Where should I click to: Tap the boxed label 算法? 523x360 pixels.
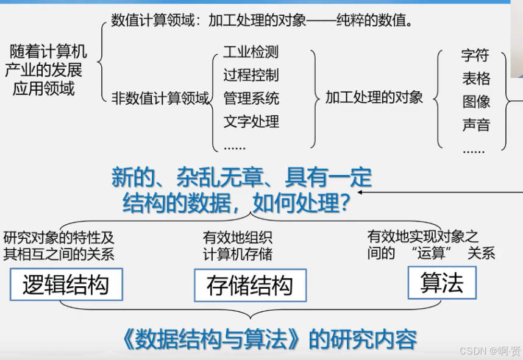click(442, 283)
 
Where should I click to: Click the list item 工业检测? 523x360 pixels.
click(251, 52)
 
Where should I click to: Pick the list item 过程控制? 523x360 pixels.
click(251, 75)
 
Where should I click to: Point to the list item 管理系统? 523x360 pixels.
click(251, 98)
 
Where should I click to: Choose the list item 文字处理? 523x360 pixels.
click(251, 121)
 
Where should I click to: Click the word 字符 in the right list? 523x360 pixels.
click(475, 55)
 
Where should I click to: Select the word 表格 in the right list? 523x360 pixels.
click(475, 79)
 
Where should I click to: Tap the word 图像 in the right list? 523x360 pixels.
click(475, 102)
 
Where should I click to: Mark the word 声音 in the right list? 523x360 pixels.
click(475, 125)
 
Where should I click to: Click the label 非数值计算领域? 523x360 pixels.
click(160, 98)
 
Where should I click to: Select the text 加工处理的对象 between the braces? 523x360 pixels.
click(374, 97)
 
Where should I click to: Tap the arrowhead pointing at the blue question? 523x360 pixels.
click(360, 192)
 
